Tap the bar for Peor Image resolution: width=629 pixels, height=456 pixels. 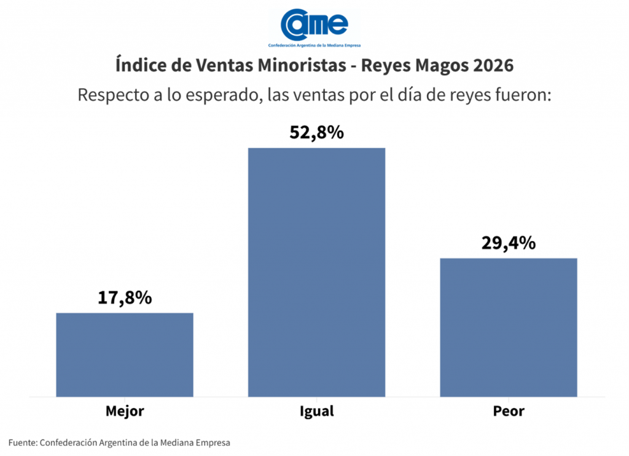(x=508, y=327)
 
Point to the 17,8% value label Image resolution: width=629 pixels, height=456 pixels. (x=125, y=298)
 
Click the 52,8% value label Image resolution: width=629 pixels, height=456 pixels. (x=316, y=132)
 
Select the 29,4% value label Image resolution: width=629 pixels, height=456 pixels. (x=508, y=243)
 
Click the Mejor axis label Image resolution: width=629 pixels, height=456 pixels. (x=125, y=411)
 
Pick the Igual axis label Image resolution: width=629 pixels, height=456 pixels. (x=316, y=411)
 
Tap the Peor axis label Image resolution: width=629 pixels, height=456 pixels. (x=508, y=411)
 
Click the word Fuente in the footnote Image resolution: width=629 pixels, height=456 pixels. (x=22, y=442)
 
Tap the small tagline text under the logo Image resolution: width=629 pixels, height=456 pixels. (x=314, y=46)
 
